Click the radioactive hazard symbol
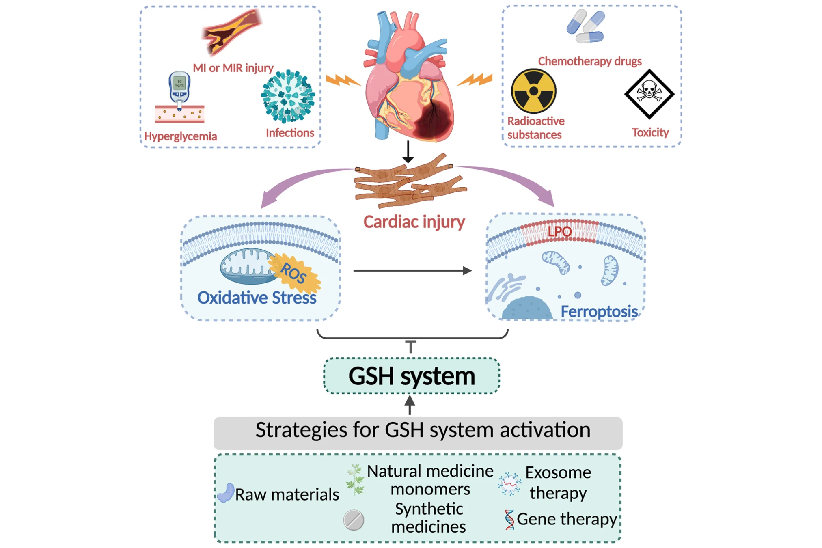tap(533, 91)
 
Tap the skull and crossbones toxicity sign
tap(649, 94)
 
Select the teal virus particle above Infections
tap(288, 97)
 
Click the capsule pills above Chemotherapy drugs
tap(586, 27)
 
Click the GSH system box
tap(412, 375)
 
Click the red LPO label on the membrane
tap(559, 231)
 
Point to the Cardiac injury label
tap(414, 222)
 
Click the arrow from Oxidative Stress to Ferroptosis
tap(412, 270)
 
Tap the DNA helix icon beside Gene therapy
tap(509, 520)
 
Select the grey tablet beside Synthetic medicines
tap(354, 520)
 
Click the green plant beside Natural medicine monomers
tap(355, 480)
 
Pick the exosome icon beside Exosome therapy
tap(509, 484)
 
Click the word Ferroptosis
tap(599, 312)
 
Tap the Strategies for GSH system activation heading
tap(422, 430)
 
